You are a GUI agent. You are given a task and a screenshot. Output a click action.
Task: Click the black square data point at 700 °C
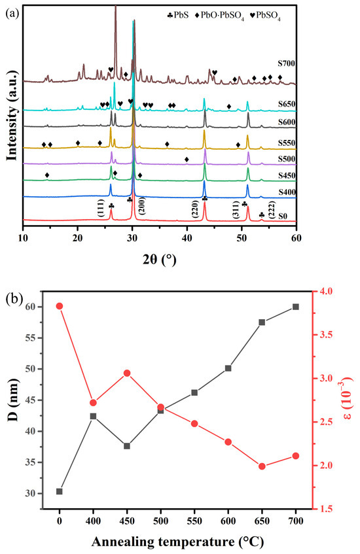[296, 307]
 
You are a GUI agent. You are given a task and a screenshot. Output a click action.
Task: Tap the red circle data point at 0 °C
[60, 306]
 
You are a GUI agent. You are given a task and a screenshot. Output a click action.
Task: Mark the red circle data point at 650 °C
[262, 466]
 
